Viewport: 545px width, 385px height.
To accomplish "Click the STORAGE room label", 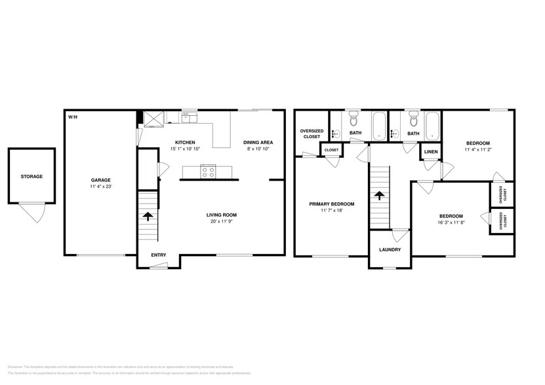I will click(31, 176).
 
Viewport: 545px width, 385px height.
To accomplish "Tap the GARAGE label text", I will click(100, 180).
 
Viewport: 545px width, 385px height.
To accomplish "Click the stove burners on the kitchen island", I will click(209, 172).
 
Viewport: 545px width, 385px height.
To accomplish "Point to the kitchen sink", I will click(189, 117).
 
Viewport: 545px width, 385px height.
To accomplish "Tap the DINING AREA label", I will click(258, 142).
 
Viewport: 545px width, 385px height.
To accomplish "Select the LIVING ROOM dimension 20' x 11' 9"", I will click(221, 221).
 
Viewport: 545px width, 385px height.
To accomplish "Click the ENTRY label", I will click(158, 255).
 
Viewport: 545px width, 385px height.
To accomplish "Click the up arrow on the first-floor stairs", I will click(148, 215).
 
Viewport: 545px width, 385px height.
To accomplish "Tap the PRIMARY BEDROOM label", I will click(332, 204).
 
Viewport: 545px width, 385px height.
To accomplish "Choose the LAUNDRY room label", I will click(390, 249).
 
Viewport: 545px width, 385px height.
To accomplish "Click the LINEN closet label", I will click(430, 151).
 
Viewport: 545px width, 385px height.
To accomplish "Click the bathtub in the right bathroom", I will click(433, 126).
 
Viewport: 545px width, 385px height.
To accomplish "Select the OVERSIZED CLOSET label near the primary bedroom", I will click(311, 134).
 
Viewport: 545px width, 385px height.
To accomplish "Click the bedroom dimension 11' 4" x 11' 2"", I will click(477, 149).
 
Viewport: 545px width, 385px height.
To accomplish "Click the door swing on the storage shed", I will click(30, 211).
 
